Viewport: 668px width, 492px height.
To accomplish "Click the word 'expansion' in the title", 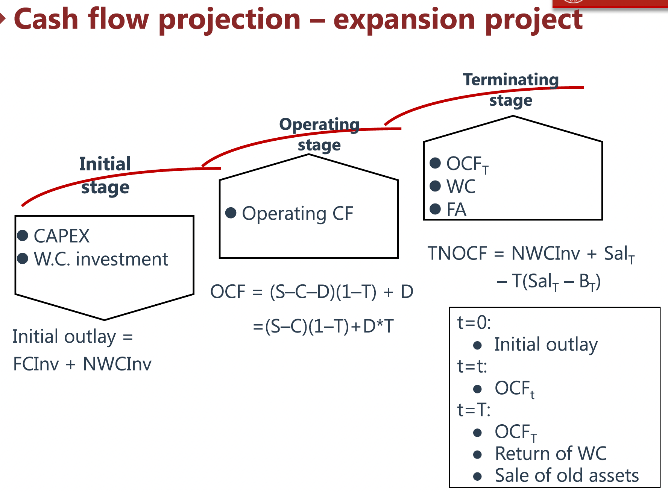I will pos(404,20).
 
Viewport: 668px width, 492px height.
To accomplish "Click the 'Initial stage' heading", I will pos(105,175).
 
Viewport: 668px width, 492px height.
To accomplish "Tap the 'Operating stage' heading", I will pos(319,134).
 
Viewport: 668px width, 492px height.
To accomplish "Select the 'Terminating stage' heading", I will pos(511,90).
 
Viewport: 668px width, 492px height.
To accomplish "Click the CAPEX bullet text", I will pos(62,236).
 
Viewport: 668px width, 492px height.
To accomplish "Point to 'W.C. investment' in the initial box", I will pos(101,259).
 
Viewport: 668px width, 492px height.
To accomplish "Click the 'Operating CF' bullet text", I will pos(298,214).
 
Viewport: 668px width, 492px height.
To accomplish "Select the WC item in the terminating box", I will pos(461,187).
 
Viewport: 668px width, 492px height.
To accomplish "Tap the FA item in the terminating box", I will pos(456,210).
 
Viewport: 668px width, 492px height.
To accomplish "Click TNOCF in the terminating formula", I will pos(457,254).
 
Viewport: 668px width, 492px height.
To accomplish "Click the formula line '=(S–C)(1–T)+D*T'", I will pos(323,326).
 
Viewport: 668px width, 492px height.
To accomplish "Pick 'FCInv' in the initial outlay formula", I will pos(36,364).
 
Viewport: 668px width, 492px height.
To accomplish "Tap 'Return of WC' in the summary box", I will pos(551,454).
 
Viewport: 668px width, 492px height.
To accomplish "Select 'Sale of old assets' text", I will pos(566,475).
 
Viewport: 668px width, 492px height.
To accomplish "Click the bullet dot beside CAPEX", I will pos(23,235).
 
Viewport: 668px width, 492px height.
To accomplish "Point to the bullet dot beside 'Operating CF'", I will pos(231,213).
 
